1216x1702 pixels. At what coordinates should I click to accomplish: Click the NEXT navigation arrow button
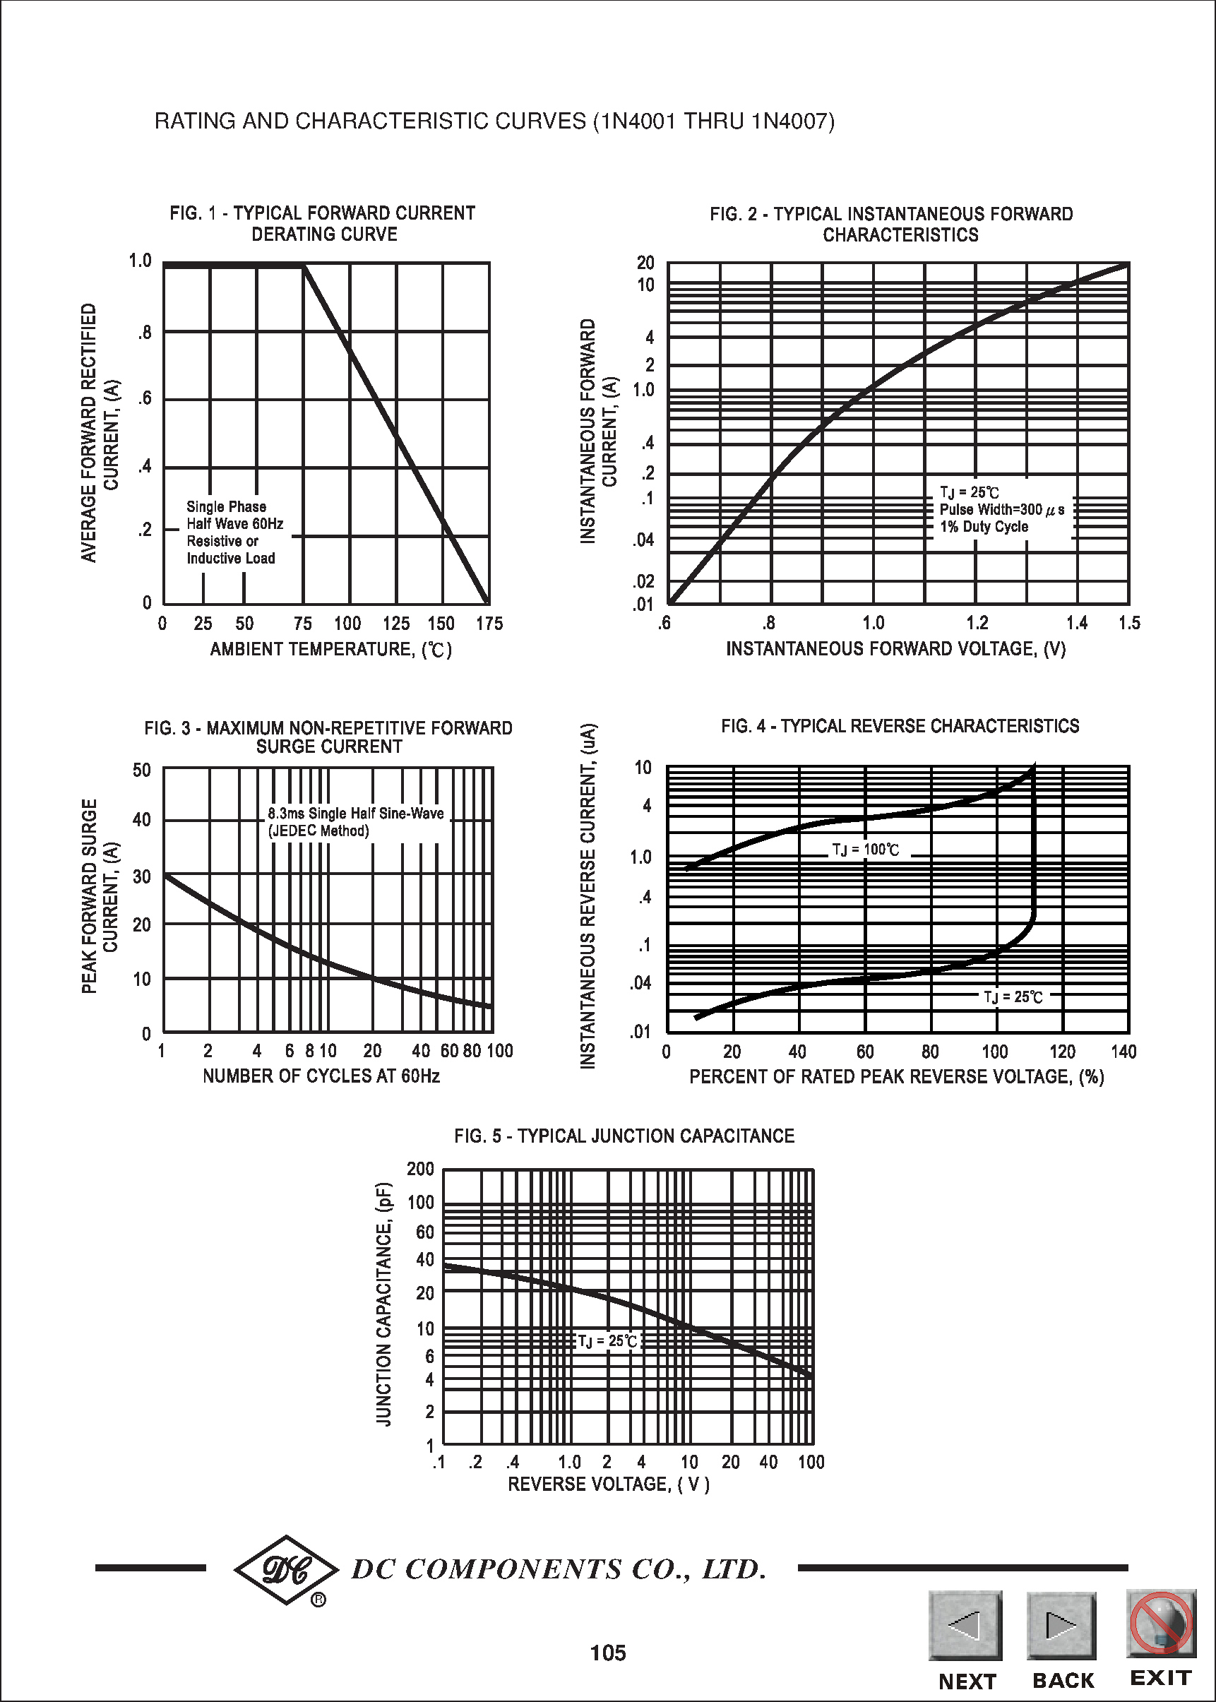click(x=965, y=1626)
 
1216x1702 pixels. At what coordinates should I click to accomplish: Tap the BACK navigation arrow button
click(x=1061, y=1626)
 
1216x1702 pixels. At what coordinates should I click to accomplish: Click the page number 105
click(x=607, y=1653)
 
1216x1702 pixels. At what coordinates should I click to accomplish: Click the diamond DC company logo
click(x=287, y=1569)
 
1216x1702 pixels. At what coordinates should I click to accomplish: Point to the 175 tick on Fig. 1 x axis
click(x=489, y=624)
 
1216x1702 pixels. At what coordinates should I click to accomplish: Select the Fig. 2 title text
click(x=891, y=224)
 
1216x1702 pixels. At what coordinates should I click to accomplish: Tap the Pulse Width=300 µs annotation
click(x=1001, y=509)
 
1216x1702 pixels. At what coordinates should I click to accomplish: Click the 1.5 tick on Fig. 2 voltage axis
click(x=1129, y=623)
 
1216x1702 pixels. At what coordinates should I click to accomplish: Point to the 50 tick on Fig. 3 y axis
click(x=141, y=770)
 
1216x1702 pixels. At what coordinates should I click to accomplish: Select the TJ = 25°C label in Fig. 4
click(x=1013, y=996)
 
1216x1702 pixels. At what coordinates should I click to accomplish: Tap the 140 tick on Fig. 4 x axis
click(x=1123, y=1052)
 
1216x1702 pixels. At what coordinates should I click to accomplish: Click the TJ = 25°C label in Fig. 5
click(x=607, y=1340)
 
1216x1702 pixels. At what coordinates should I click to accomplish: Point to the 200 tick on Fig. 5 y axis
click(x=420, y=1169)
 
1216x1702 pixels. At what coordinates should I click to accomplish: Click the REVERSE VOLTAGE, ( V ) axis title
click(x=608, y=1484)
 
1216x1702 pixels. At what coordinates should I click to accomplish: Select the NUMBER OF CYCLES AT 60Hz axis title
click(x=321, y=1076)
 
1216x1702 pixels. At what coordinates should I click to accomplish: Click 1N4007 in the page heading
click(x=790, y=121)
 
